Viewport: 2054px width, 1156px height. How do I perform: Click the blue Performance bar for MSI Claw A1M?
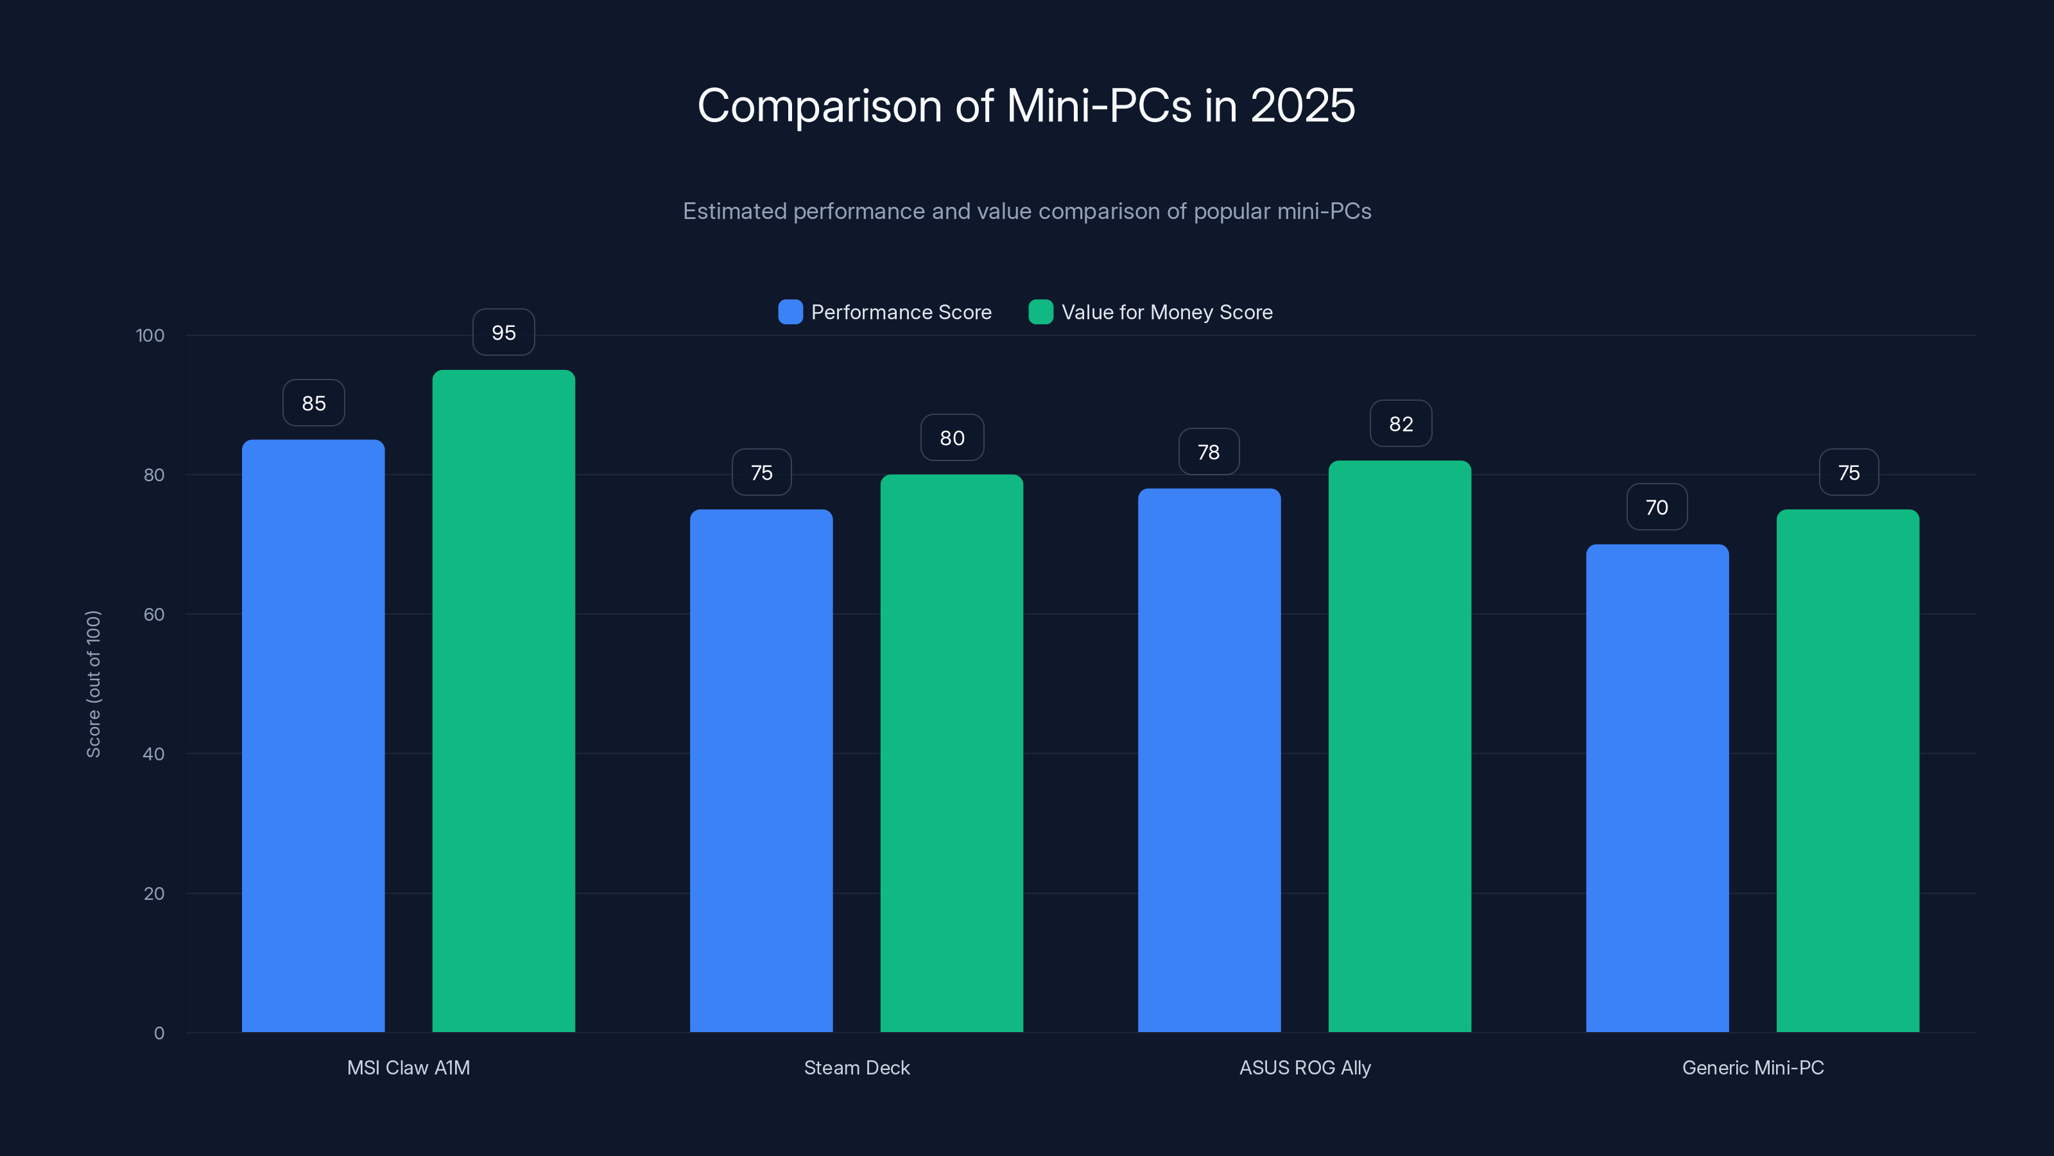[x=313, y=734]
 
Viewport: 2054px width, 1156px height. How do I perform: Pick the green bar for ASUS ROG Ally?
[x=1399, y=746]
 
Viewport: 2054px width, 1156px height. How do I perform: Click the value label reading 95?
[x=503, y=333]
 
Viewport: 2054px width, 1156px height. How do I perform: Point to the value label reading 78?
[x=1209, y=452]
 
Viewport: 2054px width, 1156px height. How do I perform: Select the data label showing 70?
[x=1657, y=507]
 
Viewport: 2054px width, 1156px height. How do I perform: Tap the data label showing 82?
[x=1401, y=424]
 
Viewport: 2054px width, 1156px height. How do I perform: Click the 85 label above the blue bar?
[x=313, y=403]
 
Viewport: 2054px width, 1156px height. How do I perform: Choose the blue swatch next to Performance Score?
[x=790, y=312]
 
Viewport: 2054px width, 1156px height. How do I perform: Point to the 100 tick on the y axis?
[x=150, y=335]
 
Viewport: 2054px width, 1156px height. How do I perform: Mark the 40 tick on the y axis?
[x=154, y=754]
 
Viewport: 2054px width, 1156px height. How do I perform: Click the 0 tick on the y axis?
[x=159, y=1033]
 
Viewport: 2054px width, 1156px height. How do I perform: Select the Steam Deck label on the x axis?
[x=856, y=1067]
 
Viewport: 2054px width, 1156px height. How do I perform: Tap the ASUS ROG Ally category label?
[x=1304, y=1067]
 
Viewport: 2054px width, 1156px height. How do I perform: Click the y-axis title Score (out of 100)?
[x=93, y=684]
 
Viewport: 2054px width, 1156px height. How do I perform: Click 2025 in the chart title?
[x=1302, y=105]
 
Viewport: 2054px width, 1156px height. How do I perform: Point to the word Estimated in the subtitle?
[x=734, y=211]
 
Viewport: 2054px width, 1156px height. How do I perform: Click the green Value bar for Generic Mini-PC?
[x=1847, y=770]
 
